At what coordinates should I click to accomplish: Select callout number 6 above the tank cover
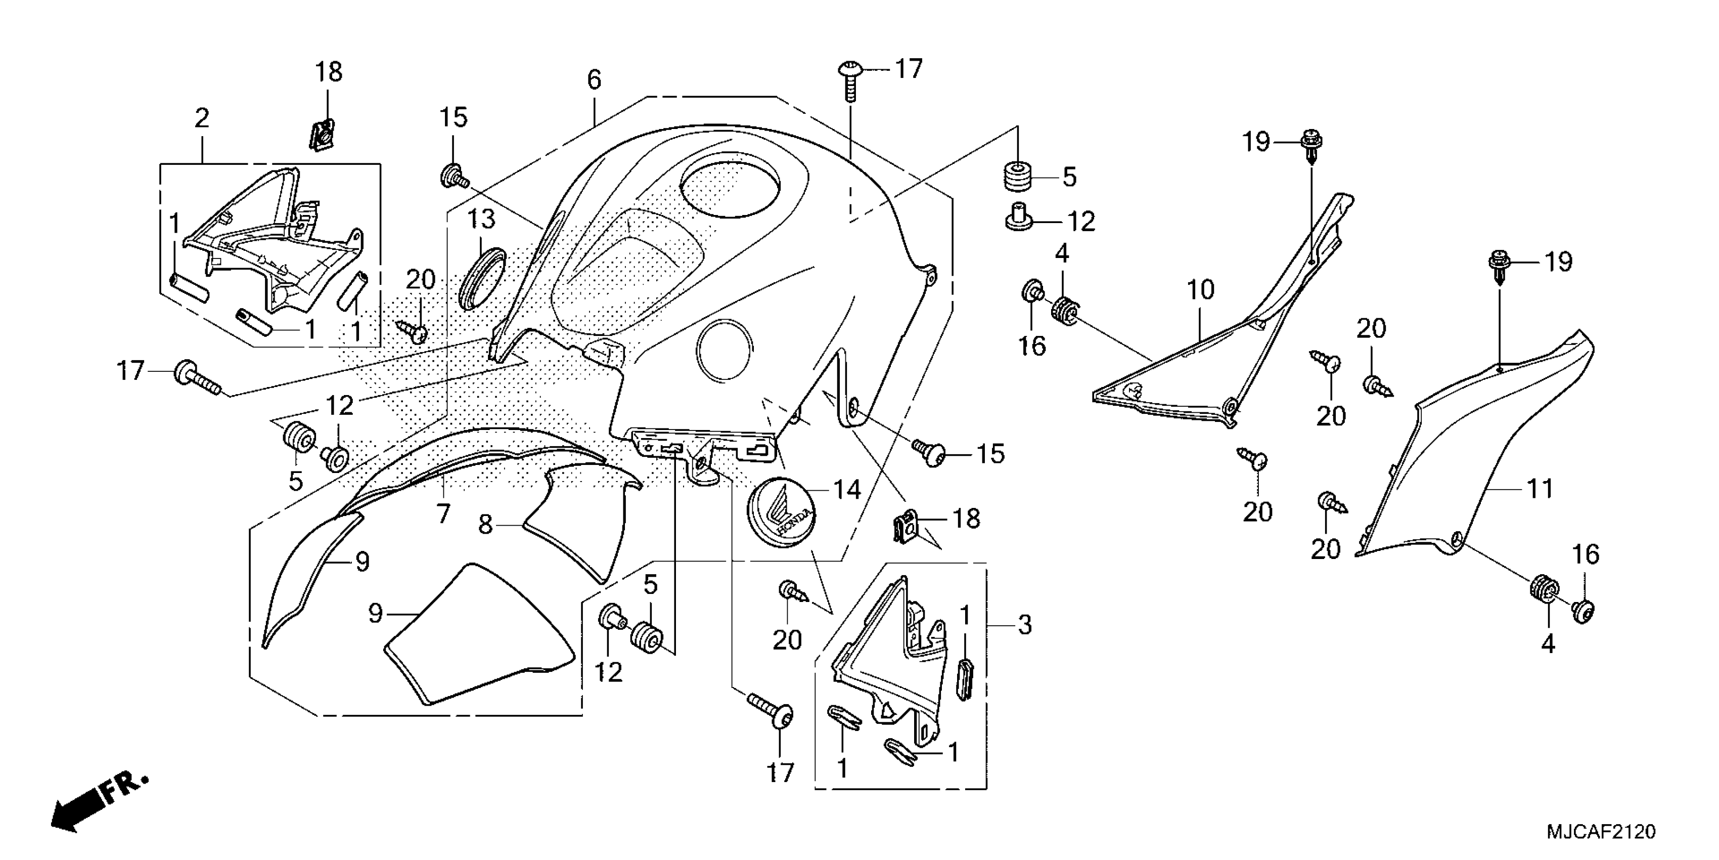(x=594, y=79)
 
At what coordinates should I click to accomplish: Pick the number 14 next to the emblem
(x=847, y=490)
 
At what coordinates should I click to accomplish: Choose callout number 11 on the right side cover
(x=1540, y=489)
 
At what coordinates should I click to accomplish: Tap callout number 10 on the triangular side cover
(x=1200, y=290)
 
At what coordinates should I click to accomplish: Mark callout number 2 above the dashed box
(x=202, y=118)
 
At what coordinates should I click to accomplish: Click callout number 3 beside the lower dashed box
(x=1024, y=625)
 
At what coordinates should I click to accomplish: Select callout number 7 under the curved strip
(x=443, y=513)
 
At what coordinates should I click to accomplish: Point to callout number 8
(x=485, y=525)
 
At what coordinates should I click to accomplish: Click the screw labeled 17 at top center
(x=849, y=80)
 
